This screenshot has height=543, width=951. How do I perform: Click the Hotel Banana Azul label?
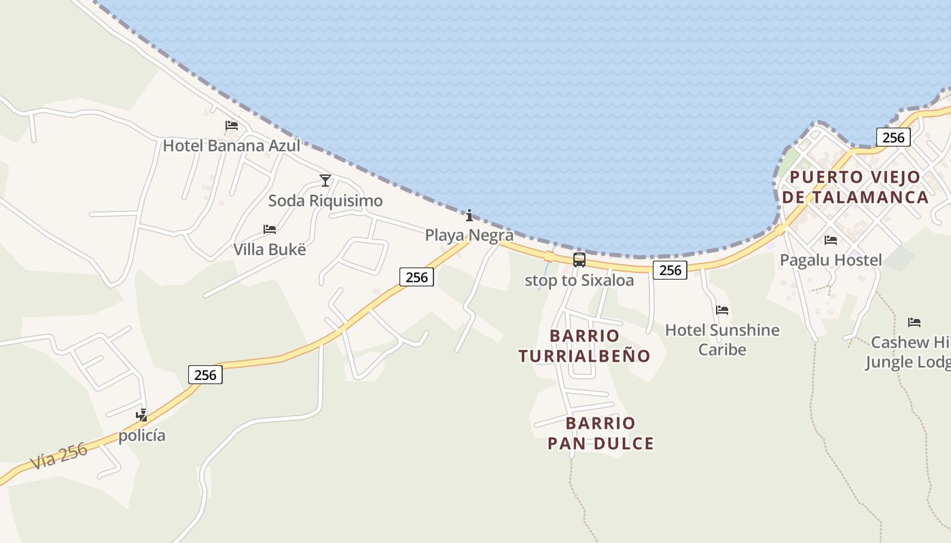coord(231,146)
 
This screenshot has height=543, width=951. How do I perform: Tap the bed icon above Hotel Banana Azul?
coord(232,126)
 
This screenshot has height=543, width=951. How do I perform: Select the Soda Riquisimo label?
coord(325,201)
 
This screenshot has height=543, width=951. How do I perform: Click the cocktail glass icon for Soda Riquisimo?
coord(325,180)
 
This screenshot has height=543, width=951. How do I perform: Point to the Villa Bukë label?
coord(270,249)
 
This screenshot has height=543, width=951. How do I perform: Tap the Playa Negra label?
coord(469,236)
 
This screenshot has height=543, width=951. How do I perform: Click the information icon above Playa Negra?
coord(469,216)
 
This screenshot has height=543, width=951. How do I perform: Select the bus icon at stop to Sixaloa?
coord(579,259)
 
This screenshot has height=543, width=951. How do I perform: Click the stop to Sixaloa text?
coord(579,280)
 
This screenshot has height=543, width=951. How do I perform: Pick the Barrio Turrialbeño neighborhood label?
coord(584,345)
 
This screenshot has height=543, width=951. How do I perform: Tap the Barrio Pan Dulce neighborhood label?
coord(600,433)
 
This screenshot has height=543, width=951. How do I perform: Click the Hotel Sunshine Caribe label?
coord(722,339)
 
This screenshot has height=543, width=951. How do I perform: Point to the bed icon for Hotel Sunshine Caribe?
coord(722,310)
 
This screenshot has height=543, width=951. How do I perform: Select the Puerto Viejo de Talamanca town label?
coord(855,187)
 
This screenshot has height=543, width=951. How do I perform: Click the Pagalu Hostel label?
coord(831,260)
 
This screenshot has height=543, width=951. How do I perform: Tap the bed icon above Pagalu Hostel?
coord(831,240)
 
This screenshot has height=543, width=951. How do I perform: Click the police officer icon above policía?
coord(142,415)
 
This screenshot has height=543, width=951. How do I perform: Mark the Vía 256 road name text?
coord(59,456)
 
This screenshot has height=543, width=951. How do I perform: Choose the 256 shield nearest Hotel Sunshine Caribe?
coord(670,270)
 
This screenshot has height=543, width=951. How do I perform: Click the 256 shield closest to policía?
coord(205,375)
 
